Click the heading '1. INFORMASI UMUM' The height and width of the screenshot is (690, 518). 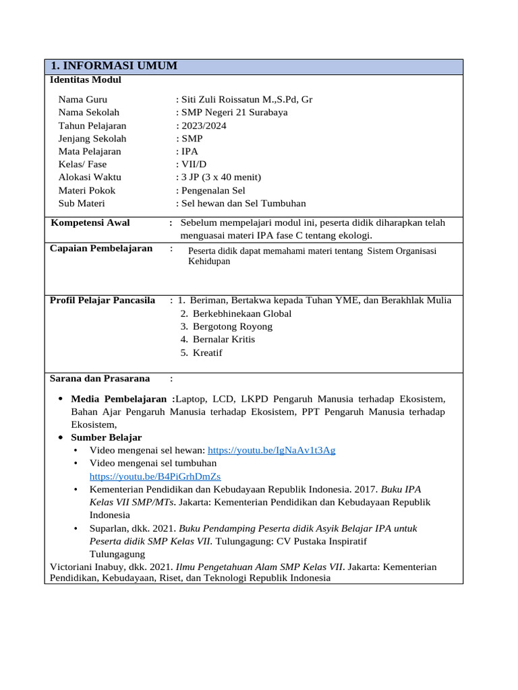tap(115, 66)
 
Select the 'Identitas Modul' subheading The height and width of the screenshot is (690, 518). tap(86, 80)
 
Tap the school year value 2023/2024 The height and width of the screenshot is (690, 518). tap(202, 125)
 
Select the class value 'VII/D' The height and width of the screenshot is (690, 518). tap(190, 164)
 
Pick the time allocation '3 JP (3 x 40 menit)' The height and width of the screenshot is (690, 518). tap(220, 177)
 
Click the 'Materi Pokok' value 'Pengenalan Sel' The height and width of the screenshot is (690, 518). tap(212, 190)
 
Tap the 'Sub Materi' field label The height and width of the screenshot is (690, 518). tap(82, 203)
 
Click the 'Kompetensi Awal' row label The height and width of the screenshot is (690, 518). tap(90, 223)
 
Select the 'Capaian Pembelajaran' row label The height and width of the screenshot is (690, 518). tap(101, 249)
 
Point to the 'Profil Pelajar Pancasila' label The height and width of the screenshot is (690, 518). tap(103, 301)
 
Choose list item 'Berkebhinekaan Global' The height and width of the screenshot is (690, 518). tap(242, 313)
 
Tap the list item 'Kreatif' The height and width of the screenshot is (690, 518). tap(207, 352)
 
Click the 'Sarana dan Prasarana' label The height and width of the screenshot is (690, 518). tap(100, 378)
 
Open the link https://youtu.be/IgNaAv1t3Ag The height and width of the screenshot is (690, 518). tap(271, 450)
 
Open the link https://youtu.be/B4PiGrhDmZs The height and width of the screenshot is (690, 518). tap(154, 476)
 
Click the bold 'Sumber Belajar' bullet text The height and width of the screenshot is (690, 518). tap(106, 437)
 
